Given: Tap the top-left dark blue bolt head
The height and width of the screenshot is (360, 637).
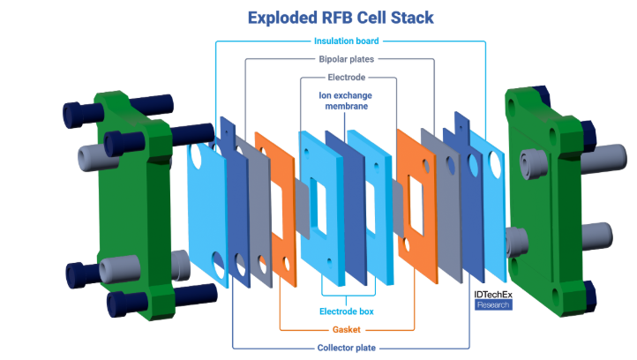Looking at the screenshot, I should pos(77,115).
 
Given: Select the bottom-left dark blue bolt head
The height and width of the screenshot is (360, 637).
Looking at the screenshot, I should pos(120,304).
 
